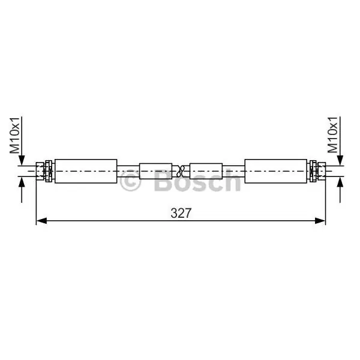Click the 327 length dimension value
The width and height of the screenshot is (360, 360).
tap(181, 213)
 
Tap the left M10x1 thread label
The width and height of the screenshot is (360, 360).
tap(14, 135)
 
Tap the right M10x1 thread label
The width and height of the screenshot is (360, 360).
tap(332, 135)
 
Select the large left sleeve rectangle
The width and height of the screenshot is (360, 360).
tap(86, 171)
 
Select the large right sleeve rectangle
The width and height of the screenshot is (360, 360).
tap(276, 171)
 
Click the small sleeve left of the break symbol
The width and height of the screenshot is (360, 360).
tap(155, 171)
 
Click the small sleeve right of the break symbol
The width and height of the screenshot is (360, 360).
tap(206, 171)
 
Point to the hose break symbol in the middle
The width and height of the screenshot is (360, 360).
tap(181, 171)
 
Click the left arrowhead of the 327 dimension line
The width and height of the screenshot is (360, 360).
tap(41, 221)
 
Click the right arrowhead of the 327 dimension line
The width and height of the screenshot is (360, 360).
tap(320, 221)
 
